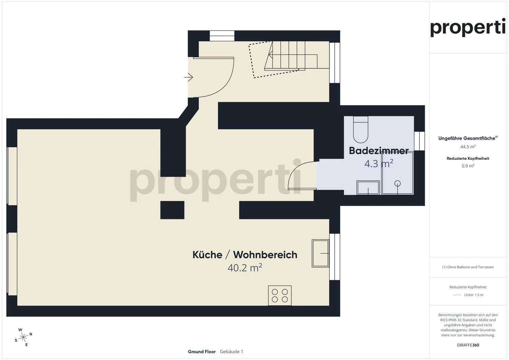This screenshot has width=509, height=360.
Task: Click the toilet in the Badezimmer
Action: [360, 130]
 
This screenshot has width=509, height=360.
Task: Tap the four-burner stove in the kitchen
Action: [280, 296]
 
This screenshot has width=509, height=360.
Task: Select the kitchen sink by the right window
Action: [320, 253]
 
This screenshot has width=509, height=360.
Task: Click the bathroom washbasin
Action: [368, 188]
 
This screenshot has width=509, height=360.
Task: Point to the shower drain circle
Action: [397, 184]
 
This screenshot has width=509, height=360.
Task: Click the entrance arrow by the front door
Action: [189, 78]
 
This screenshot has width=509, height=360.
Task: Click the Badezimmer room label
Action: [378, 151]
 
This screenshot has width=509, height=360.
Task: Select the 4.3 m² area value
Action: [378, 164]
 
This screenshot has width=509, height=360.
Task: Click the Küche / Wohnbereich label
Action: [245, 255]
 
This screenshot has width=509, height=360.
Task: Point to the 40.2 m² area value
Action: [245, 268]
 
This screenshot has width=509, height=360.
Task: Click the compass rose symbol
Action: [23, 337]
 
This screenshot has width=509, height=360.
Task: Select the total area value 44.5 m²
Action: [468, 147]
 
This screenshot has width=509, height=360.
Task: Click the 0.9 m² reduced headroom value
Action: [468, 166]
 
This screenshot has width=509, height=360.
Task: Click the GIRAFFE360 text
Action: [468, 345]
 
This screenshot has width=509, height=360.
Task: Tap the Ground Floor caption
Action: [202, 352]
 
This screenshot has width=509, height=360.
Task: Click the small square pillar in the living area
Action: [172, 210]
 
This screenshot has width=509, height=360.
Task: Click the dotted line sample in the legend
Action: [457, 295]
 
